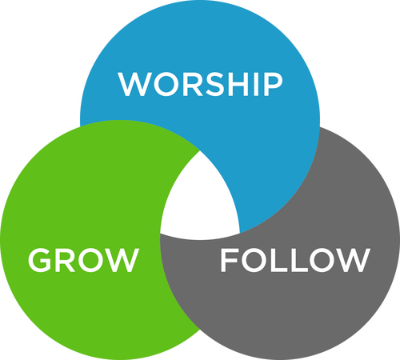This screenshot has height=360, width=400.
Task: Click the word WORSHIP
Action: pyautogui.click(x=200, y=84)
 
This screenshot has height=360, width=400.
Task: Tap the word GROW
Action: pyautogui.click(x=83, y=260)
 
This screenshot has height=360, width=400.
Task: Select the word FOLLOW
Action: pyautogui.click(x=295, y=260)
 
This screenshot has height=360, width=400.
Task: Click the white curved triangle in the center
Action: pyautogui.click(x=199, y=202)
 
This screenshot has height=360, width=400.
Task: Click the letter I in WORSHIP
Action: pyautogui.click(x=256, y=84)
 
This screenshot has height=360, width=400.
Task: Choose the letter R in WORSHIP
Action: pyautogui.click(x=191, y=84)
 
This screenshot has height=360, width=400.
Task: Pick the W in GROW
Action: pyautogui.click(x=122, y=260)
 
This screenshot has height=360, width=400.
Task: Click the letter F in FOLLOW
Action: pyautogui.click(x=229, y=260)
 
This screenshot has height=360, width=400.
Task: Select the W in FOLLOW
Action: pyautogui.click(x=353, y=260)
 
